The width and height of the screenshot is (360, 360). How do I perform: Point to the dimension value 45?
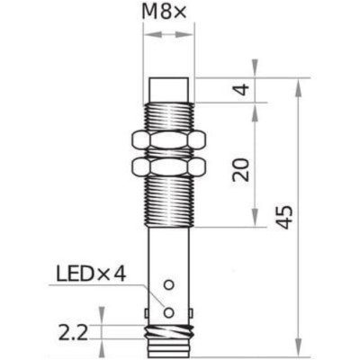tap(283, 217)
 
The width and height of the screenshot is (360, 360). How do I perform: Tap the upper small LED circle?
tap(167, 285)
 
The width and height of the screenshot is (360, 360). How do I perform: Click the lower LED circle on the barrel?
tap(168, 311)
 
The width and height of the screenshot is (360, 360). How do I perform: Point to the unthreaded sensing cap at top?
tap(169, 88)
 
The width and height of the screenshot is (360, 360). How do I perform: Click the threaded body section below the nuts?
tap(169, 202)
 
